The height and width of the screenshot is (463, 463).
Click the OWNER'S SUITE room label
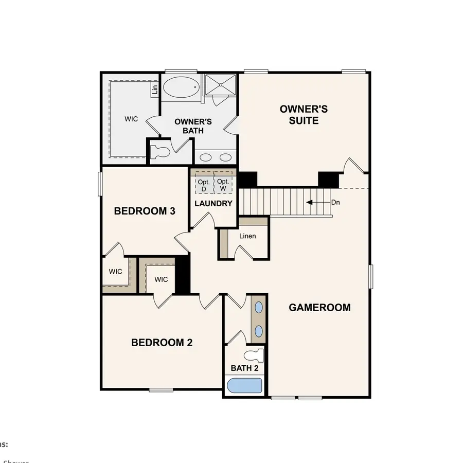point(304,115)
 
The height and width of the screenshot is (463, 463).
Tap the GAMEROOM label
point(319,308)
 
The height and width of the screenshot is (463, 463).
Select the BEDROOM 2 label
point(162,343)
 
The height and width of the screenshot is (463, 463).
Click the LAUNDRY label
point(213,204)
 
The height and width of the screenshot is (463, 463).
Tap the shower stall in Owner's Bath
point(220,84)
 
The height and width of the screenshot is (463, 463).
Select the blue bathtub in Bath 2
point(244,386)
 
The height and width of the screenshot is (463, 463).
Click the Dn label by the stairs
point(335,203)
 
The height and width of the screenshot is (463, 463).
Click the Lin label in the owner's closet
point(154,90)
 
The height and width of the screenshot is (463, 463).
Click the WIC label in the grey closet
point(131,119)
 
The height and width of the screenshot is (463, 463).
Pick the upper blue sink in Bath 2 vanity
point(259,308)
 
